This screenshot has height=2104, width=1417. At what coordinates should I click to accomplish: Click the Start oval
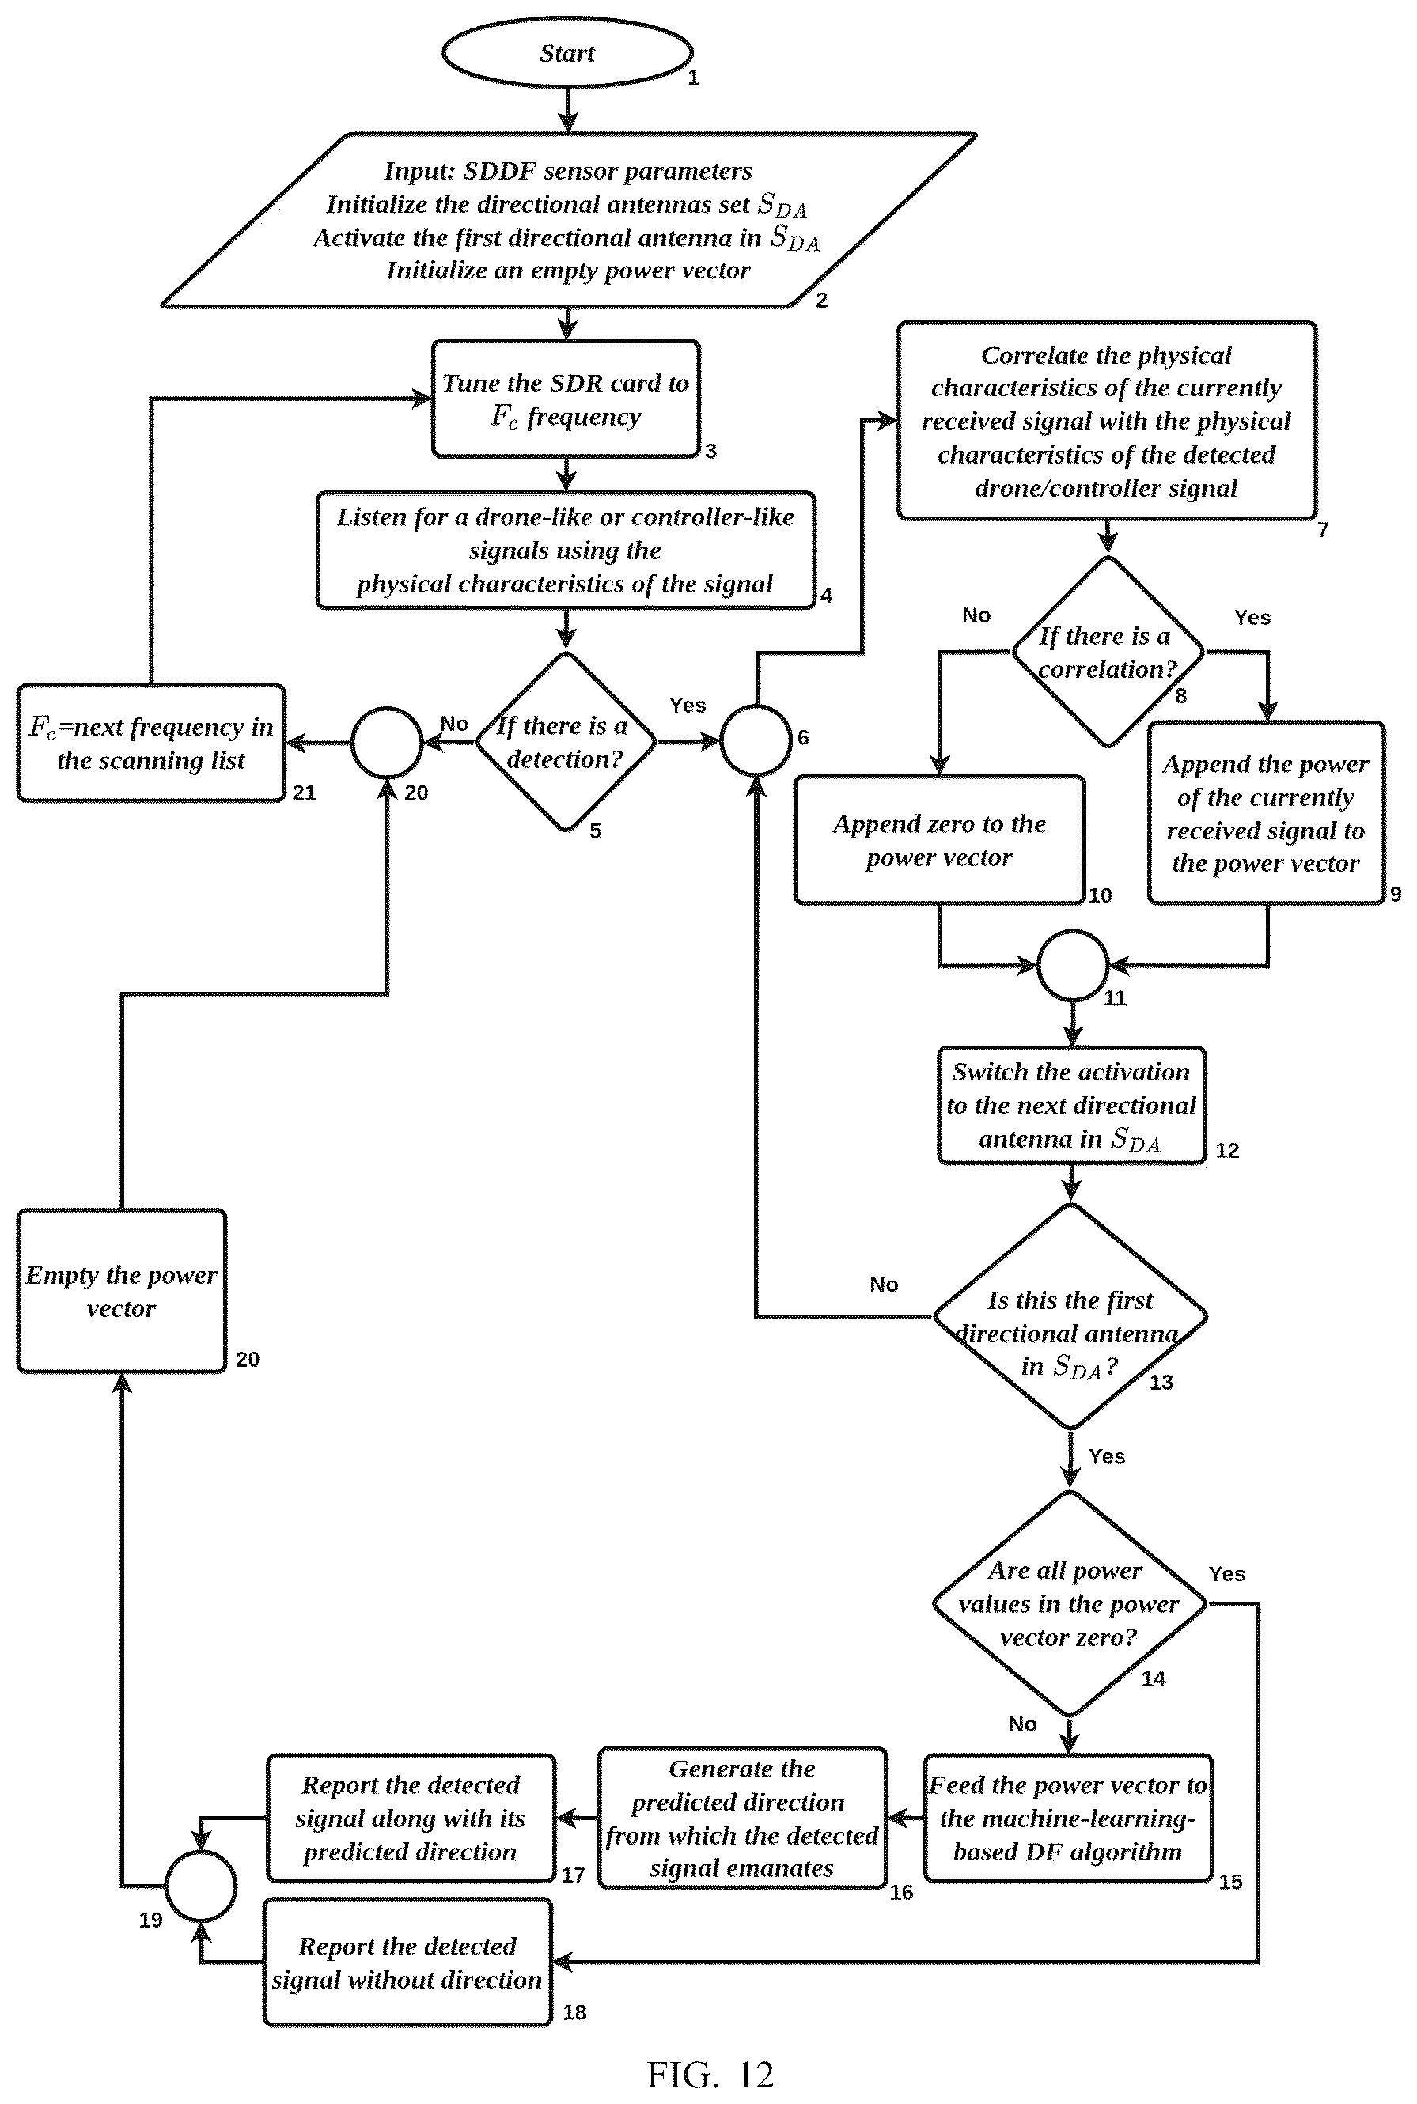(566, 52)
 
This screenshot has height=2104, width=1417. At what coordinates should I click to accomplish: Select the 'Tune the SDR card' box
(566, 399)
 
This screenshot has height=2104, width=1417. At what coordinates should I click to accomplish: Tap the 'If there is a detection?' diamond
(566, 742)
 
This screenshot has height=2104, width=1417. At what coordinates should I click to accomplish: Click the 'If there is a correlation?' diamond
(1108, 651)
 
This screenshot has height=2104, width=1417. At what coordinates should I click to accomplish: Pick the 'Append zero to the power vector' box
(939, 839)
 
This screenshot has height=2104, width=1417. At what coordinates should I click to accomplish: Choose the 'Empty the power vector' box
(121, 1291)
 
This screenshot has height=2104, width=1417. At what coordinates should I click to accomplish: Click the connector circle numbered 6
(756, 741)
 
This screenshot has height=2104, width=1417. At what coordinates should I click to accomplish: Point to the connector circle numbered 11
(1073, 965)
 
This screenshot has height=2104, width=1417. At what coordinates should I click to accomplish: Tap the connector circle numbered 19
(201, 1886)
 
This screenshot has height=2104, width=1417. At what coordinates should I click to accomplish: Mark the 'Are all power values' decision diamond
(1070, 1603)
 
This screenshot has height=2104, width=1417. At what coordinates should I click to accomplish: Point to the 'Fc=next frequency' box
(151, 743)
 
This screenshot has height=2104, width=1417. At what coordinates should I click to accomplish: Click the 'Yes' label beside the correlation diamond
(1252, 617)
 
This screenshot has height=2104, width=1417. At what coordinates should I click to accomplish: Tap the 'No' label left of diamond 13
(884, 1284)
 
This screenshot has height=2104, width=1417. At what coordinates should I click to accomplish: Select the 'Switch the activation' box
(1072, 1105)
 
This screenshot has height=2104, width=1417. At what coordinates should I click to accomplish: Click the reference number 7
(1323, 529)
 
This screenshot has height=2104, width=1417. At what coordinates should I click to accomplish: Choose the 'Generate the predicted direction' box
(742, 1818)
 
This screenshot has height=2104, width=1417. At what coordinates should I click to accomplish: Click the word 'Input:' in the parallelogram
(419, 171)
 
